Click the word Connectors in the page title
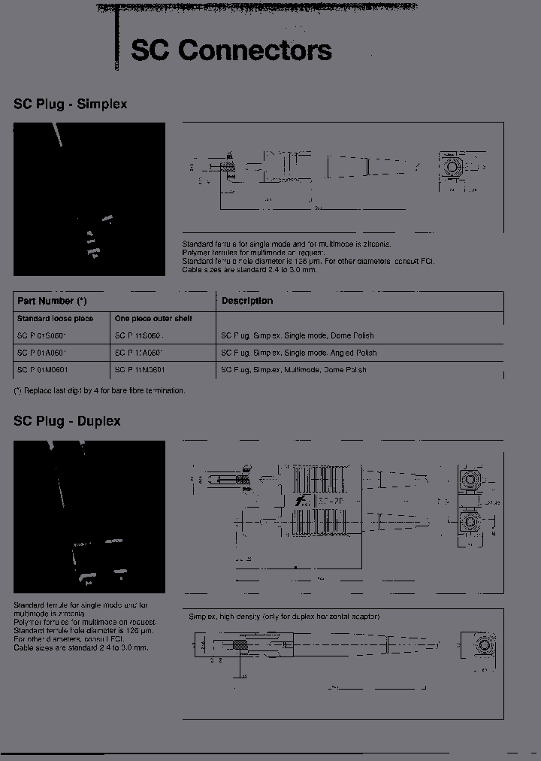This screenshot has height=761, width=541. [255, 50]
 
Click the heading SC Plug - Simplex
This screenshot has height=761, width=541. [70, 105]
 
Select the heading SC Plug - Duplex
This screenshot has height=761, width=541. [67, 421]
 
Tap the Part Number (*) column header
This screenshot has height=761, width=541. [52, 301]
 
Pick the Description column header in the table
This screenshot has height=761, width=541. [246, 301]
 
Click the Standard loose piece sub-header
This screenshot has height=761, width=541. [55, 319]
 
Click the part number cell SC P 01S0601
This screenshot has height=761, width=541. [42, 335]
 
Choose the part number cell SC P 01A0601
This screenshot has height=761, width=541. [42, 353]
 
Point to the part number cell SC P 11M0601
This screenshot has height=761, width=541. [141, 370]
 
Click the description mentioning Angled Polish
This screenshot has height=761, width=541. [298, 353]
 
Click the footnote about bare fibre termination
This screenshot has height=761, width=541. [99, 390]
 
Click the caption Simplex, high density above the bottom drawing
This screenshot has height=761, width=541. [284, 617]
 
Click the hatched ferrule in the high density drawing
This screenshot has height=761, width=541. [241, 645]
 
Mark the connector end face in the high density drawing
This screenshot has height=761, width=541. [484, 646]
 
